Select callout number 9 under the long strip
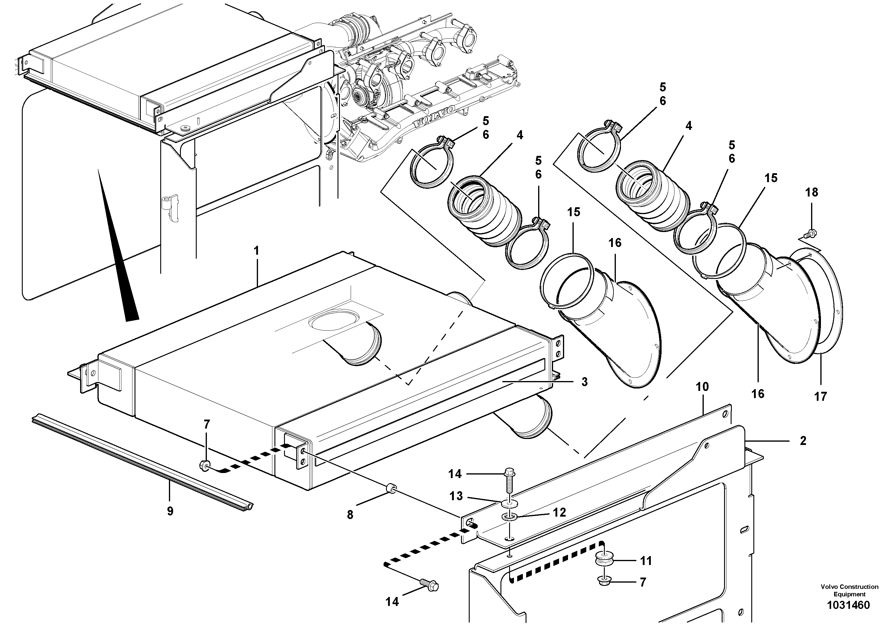170,511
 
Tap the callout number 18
811,192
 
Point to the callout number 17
820,397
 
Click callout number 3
584,382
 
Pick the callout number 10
702,386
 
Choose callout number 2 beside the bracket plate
803,440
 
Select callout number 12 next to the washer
559,513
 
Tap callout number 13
456,496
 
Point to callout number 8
350,515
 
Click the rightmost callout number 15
771,178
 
